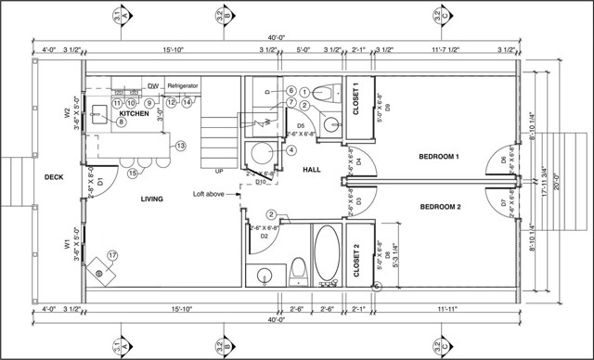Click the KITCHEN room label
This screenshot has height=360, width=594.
coord(135,112)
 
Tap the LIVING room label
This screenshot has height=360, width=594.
coord(152,199)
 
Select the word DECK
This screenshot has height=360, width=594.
coord(54,177)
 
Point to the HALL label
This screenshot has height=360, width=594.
coord(311,169)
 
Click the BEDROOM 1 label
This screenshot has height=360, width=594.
coord(439,157)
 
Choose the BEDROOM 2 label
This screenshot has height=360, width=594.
coord(440,206)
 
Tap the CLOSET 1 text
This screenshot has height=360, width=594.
coord(359,96)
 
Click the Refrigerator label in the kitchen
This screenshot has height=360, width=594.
coord(183,85)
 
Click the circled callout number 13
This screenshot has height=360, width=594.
coord(181,146)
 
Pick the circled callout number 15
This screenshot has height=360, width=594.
coord(133,173)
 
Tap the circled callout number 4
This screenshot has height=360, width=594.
coord(291,149)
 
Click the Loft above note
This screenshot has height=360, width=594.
coord(212,194)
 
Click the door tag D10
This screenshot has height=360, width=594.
coord(262,182)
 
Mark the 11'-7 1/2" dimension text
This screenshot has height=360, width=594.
coord(448,50)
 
